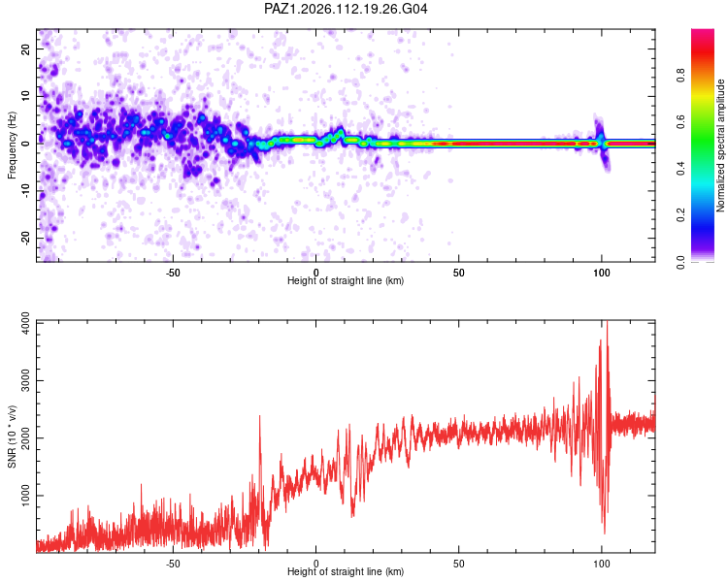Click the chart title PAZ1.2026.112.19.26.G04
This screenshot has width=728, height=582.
click(346, 9)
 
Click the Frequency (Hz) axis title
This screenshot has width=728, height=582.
click(12, 145)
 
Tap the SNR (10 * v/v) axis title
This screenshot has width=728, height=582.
click(12, 436)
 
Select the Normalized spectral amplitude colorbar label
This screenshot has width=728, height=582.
click(720, 145)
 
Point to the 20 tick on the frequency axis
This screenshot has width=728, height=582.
click(25, 48)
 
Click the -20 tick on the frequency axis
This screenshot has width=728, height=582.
click(25, 238)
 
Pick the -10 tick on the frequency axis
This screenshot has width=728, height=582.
click(25, 191)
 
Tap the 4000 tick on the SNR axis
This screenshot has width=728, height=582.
click(25, 324)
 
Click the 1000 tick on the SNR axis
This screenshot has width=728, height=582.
click(25, 496)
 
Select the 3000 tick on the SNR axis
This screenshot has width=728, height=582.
click(25, 381)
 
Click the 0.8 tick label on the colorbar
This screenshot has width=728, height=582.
click(680, 76)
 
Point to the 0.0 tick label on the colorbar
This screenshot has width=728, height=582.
click(680, 262)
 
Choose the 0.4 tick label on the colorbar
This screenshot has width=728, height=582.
click(680, 169)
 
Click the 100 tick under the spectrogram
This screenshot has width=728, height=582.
click(602, 273)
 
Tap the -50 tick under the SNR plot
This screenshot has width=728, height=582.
click(173, 564)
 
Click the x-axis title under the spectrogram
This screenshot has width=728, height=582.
click(346, 280)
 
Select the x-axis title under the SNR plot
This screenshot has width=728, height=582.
click(346, 571)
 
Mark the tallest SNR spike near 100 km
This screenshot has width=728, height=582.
click(607, 322)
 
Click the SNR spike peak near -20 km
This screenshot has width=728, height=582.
click(259, 416)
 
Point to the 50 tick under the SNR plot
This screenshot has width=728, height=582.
click(459, 564)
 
